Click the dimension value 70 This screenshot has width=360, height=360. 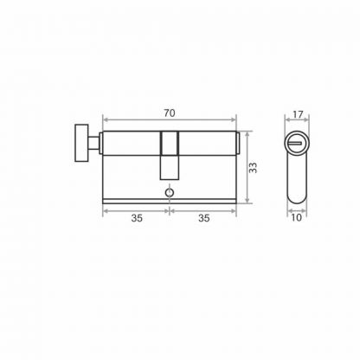click(170, 113)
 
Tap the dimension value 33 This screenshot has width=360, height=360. click(253, 168)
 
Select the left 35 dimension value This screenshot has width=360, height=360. click(137, 218)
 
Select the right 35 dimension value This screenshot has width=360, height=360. click(203, 218)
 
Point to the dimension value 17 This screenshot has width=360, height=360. click(298, 114)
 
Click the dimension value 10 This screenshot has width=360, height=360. click(296, 217)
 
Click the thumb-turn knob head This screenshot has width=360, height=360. click(81, 143)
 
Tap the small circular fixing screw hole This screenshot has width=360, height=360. click(169, 192)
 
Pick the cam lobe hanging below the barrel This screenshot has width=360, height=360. click(170, 167)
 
